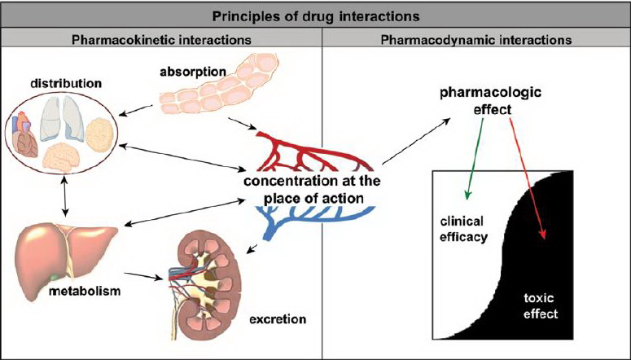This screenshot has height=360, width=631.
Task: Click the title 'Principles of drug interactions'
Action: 315,15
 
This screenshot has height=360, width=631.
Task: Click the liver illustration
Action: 65,249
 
